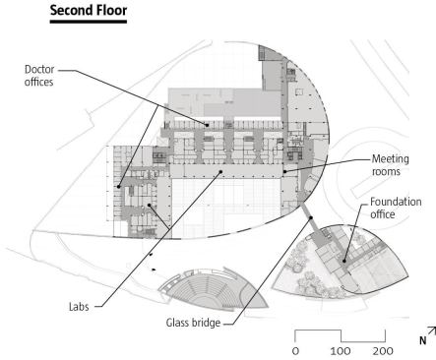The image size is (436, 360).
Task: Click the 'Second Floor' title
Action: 89,10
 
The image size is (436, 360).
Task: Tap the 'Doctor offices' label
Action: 39,76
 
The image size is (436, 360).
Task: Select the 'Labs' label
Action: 79,307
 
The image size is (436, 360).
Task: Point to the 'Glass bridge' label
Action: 193,323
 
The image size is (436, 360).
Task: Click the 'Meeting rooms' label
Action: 391,165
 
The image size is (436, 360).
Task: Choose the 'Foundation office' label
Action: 396,208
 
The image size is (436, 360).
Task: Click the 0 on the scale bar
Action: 295,351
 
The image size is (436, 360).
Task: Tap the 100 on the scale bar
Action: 341,351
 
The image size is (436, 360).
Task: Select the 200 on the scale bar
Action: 383,351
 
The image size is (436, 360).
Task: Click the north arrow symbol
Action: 432,330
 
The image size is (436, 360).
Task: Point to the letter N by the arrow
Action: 423,341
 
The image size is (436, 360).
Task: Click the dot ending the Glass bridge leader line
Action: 311,217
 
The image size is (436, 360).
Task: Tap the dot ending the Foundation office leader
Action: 344,261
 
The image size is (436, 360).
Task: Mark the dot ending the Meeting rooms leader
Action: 284,171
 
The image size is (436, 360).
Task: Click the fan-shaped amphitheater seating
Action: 213,289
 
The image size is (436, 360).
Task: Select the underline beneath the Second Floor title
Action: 89,22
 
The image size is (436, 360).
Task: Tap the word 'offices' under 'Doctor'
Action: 39,82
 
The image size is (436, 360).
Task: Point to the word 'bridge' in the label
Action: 206,323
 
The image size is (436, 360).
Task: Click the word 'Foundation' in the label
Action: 396,202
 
